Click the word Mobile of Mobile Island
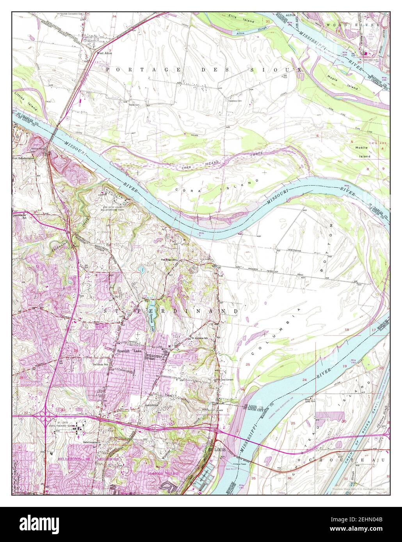361,147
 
